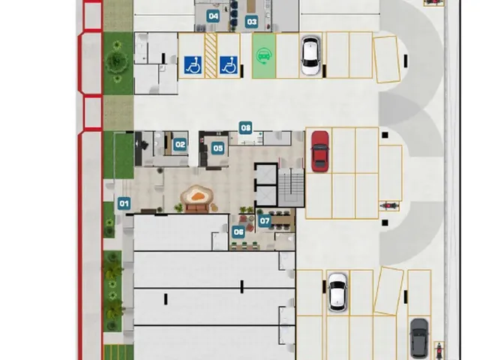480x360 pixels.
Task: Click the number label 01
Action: point(124,203)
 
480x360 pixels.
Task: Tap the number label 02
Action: point(180,145)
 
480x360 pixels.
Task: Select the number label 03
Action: point(252,22)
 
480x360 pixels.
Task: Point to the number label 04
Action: point(213,16)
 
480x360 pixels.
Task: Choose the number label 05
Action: point(218,148)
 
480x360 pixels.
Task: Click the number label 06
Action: point(238,232)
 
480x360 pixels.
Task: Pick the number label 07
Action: point(265,220)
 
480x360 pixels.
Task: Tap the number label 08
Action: point(246,127)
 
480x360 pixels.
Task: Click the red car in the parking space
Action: point(320,151)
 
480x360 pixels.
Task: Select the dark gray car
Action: point(419,338)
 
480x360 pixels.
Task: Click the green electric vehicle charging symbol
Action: point(263,56)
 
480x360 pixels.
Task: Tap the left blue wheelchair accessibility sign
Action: point(193,65)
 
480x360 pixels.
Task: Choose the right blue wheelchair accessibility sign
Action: point(229,65)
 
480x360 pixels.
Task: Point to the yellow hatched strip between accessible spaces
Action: point(211,55)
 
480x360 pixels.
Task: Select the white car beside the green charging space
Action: point(310,55)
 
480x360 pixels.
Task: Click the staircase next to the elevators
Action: point(291,187)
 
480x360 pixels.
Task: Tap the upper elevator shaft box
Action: point(266,175)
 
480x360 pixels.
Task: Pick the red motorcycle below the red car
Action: point(389,205)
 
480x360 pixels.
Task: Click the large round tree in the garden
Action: point(116,61)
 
